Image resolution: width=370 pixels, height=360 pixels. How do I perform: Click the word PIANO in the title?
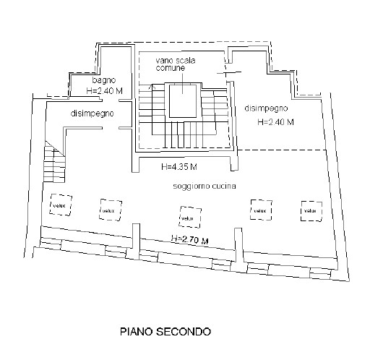pos(135,333)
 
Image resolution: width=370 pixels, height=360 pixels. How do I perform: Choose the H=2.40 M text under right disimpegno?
pos(275,122)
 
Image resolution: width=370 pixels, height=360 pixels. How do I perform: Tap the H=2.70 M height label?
pos(189,239)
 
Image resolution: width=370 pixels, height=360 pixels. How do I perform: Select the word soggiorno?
pos(193,187)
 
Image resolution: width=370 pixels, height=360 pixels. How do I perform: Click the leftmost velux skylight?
pos(59,205)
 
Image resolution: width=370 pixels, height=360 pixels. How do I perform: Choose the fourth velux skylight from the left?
pos(259,210)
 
